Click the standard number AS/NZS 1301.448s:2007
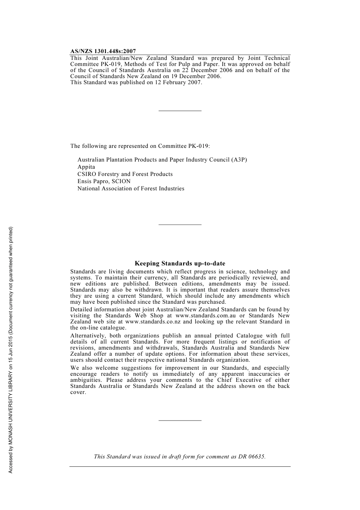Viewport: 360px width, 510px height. click(103, 51)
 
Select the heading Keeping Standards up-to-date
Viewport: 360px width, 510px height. click(180, 264)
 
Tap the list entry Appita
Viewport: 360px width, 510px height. click(86, 167)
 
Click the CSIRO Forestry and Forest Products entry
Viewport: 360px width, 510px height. click(125, 174)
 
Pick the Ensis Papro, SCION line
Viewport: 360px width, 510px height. click(104, 181)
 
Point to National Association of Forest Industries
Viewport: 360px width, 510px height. click(131, 188)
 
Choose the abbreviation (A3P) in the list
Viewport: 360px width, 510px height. click(239, 160)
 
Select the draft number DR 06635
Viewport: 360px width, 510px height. click(252, 457)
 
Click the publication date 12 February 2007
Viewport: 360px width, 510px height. click(178, 82)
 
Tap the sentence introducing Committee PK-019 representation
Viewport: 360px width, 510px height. click(140, 146)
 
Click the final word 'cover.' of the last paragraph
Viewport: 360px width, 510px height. click(78, 392)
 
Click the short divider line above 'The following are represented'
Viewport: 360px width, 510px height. click(180, 111)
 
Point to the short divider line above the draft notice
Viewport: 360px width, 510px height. click(180, 420)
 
